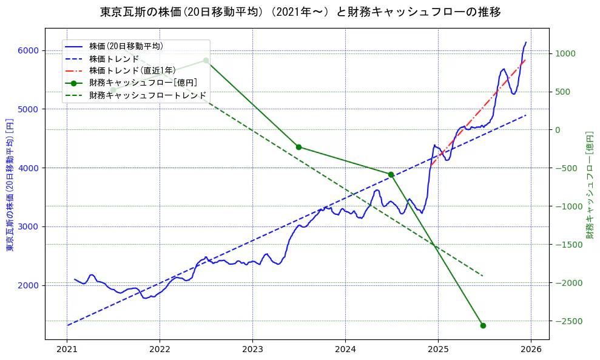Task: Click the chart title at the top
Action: click(x=300, y=12)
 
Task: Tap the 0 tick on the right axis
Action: click(x=558, y=130)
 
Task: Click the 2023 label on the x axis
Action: click(x=252, y=350)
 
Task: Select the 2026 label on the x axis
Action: click(x=531, y=350)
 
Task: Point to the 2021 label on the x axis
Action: click(x=67, y=350)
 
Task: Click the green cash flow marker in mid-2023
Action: click(x=298, y=147)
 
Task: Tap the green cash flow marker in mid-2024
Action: click(x=391, y=174)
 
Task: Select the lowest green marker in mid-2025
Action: click(x=483, y=325)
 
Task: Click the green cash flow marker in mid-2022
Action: click(x=206, y=60)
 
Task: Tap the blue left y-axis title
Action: click(x=10, y=186)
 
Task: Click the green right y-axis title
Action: click(x=589, y=185)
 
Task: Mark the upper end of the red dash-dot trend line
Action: click(x=525, y=59)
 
